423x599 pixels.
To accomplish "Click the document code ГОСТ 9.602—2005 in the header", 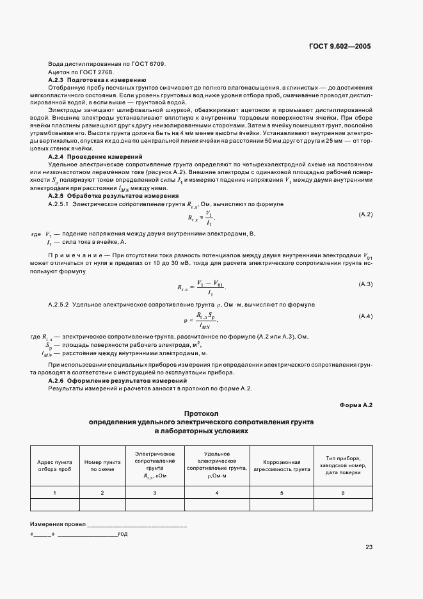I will pos(340,47).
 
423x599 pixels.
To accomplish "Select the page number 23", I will pos(369,547).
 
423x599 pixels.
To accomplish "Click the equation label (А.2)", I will pos(365,214).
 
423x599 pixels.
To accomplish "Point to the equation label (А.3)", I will pos(365,283).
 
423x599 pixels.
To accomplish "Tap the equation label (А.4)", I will pos(365,317).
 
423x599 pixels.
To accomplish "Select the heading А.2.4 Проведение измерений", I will pos(95,157).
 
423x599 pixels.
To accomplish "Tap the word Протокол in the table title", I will pos(201,414).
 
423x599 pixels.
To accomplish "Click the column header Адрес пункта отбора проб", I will pos(54,465).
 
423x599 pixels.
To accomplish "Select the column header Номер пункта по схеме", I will pos(102,465).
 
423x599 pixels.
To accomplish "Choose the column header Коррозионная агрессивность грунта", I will pos(282,465).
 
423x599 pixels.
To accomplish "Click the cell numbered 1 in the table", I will pos(54,492).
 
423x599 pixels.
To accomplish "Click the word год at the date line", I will pos(123,533).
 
